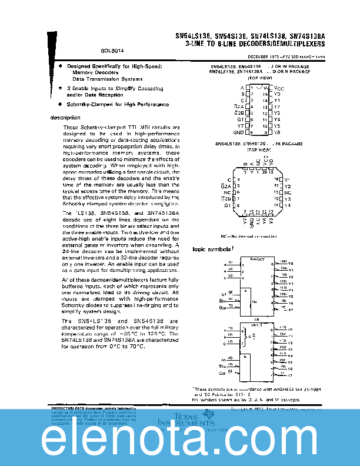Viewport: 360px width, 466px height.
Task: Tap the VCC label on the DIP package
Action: point(279,87)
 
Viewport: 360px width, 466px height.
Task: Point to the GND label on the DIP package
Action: point(239,132)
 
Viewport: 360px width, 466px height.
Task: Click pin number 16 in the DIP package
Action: point(266,87)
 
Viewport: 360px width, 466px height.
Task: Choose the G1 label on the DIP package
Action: point(240,119)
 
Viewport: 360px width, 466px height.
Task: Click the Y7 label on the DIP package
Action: point(240,126)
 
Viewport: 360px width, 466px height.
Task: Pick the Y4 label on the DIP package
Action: point(278,119)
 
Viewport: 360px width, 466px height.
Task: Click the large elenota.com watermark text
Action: point(180,440)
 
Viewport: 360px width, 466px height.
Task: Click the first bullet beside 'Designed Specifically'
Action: point(61,66)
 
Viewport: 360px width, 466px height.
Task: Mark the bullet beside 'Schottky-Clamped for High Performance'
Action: point(61,104)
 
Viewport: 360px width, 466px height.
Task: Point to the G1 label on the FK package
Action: point(227,205)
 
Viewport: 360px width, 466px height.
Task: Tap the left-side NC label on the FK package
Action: point(227,192)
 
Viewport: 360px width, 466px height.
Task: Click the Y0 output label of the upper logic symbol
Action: point(291,264)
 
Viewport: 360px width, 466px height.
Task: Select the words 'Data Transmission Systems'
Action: point(107,78)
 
